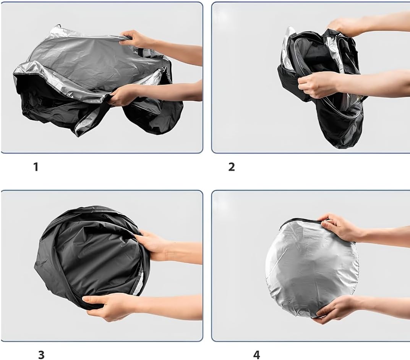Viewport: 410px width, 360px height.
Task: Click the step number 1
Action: pyautogui.click(x=36, y=167)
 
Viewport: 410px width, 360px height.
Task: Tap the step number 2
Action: pyautogui.click(x=232, y=167)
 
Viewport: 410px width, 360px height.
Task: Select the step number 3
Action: pyautogui.click(x=41, y=355)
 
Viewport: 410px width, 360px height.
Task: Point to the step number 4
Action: pyautogui.click(x=256, y=355)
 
